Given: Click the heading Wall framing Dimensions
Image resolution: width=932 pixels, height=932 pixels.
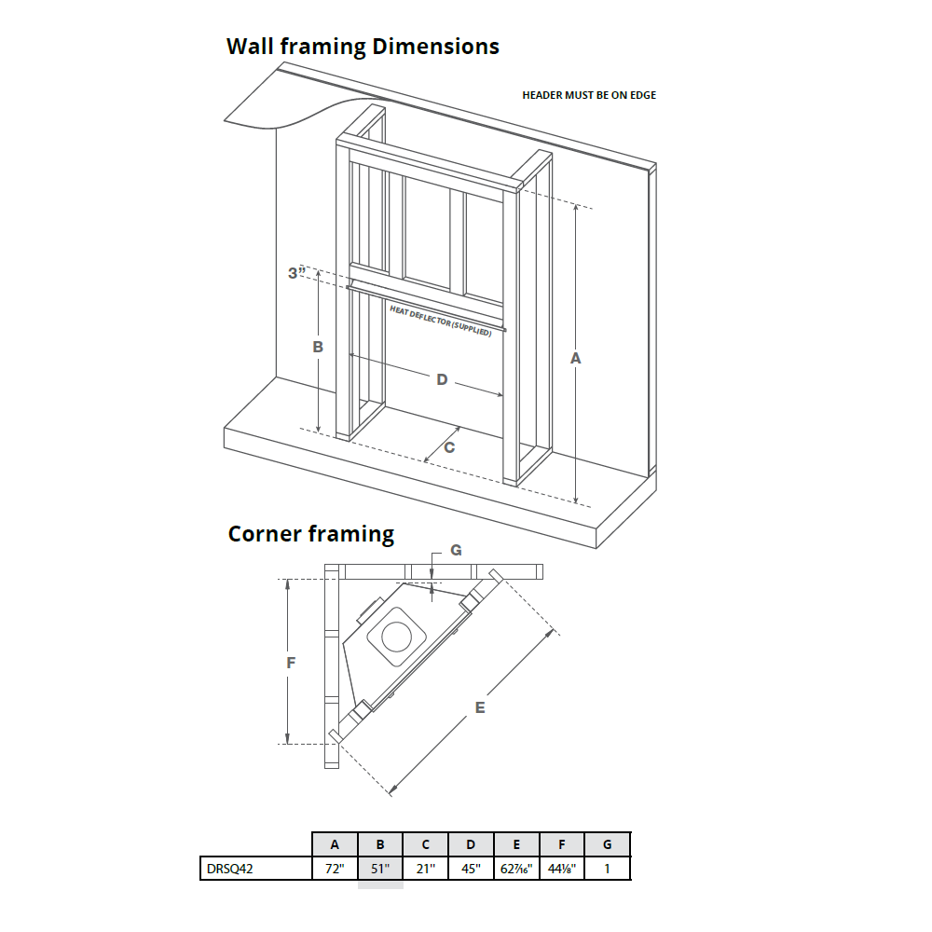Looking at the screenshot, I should click(x=363, y=47).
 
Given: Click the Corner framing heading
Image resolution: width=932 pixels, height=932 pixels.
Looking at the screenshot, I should click(x=311, y=534).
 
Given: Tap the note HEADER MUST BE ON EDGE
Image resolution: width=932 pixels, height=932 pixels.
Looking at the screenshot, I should click(x=588, y=95).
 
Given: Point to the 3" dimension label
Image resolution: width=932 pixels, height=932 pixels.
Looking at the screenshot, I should click(x=296, y=273).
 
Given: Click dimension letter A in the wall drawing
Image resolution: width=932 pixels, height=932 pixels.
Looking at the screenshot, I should click(x=575, y=358).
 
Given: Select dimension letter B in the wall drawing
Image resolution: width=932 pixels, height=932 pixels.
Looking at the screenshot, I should click(x=318, y=346).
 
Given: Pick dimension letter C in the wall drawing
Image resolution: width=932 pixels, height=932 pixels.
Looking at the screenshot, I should click(x=448, y=447).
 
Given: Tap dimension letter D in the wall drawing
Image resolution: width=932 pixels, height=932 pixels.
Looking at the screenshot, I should click(x=442, y=379).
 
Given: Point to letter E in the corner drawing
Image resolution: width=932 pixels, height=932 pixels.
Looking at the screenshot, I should click(x=480, y=708).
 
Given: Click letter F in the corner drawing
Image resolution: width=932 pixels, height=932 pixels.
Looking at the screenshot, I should click(x=291, y=663).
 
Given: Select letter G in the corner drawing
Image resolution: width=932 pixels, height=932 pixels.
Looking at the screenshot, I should click(x=456, y=551).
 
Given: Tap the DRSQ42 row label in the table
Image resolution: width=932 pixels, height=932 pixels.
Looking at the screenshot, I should click(x=229, y=869).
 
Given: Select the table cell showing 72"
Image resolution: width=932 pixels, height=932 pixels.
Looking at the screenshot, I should click(x=335, y=869).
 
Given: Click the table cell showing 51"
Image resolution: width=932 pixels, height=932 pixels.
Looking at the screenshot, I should click(x=380, y=869).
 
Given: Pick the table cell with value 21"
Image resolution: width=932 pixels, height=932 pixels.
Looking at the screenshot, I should click(x=425, y=869).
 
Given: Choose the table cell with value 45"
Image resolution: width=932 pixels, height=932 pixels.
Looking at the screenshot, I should click(x=471, y=869).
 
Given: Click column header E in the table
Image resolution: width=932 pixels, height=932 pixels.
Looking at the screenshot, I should click(x=516, y=844).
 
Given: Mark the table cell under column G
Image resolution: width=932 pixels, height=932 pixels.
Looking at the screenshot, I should click(x=608, y=869).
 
